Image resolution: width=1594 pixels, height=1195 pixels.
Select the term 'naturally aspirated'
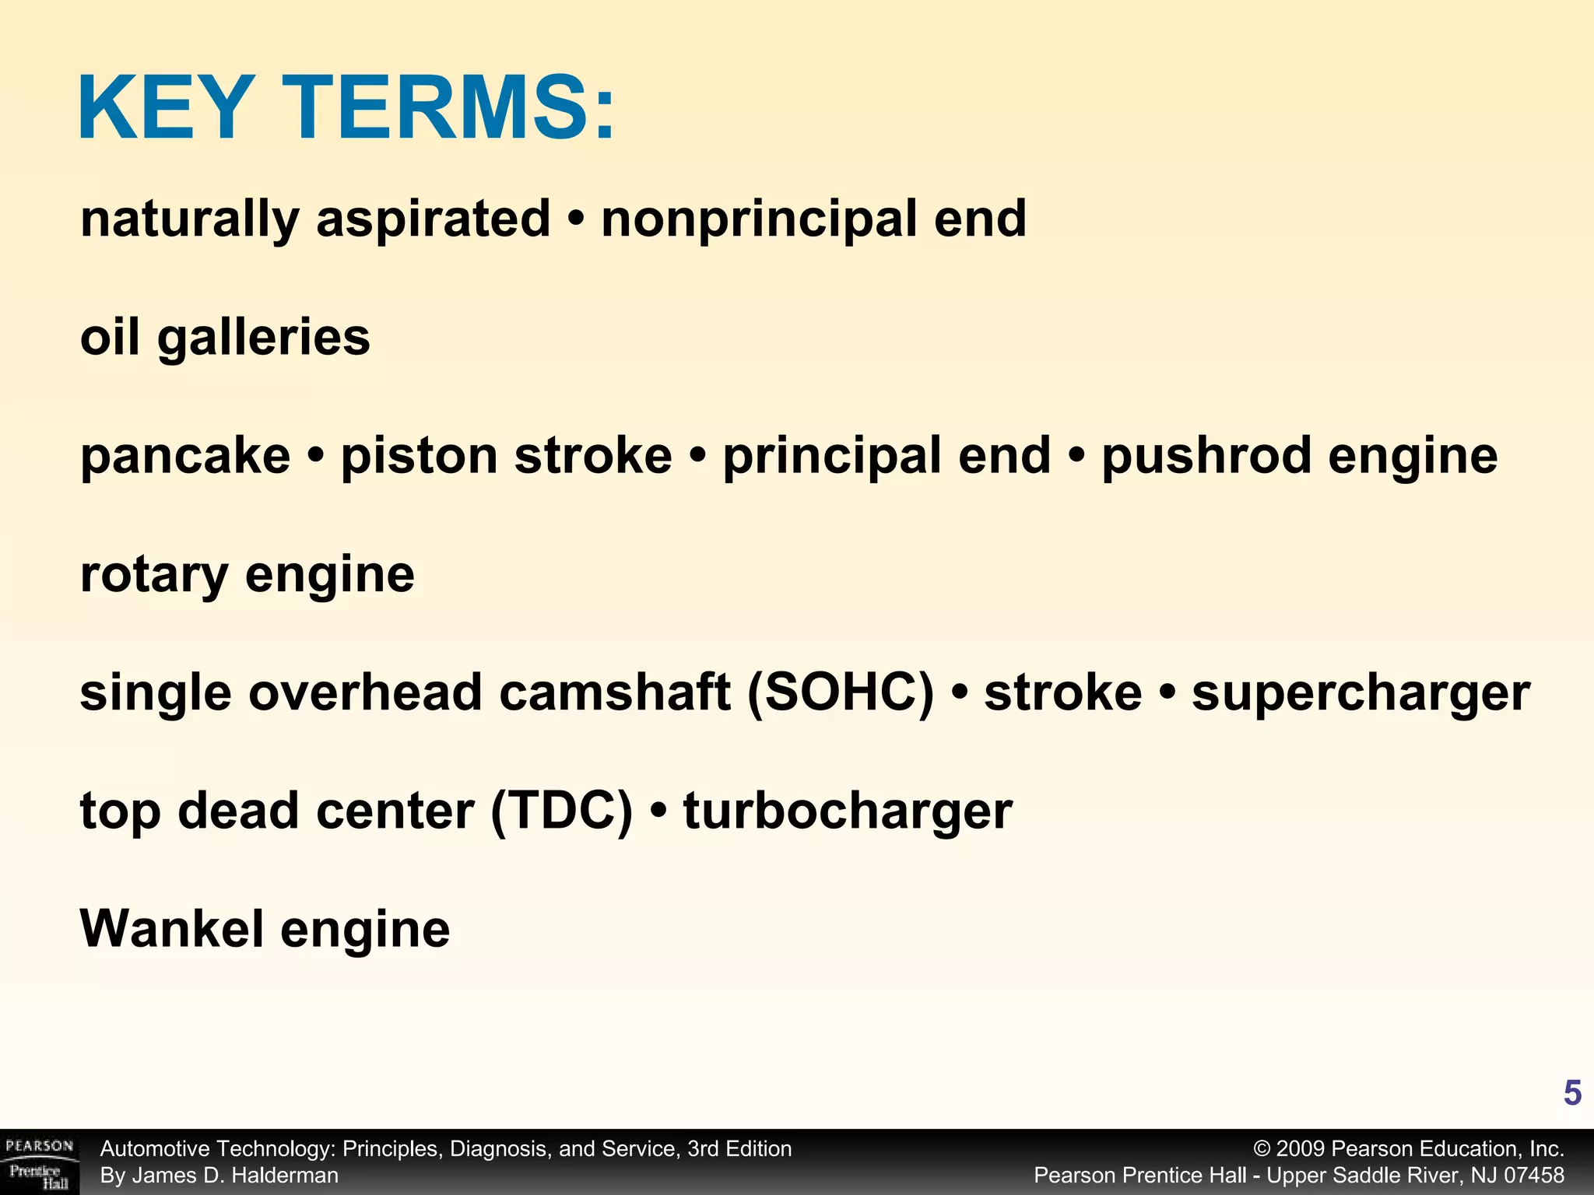tap(314, 219)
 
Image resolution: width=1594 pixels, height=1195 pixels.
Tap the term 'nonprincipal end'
tap(813, 219)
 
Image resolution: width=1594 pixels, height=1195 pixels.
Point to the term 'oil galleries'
tap(225, 338)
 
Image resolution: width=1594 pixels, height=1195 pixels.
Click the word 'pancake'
tap(185, 456)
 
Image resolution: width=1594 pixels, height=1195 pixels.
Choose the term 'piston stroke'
tap(506, 456)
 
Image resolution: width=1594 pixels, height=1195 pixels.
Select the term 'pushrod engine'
tap(1299, 456)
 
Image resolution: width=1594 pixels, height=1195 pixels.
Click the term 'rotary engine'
tap(247, 574)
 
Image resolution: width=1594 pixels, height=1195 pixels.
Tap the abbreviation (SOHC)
tap(840, 692)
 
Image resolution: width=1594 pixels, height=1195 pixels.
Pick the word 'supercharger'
tap(1361, 692)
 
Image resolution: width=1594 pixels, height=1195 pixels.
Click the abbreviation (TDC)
tap(561, 811)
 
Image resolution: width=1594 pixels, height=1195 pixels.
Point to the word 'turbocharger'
tap(848, 811)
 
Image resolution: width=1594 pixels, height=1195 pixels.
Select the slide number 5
tap(1571, 1094)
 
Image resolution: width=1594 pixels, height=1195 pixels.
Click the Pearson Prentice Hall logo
tap(39, 1162)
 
